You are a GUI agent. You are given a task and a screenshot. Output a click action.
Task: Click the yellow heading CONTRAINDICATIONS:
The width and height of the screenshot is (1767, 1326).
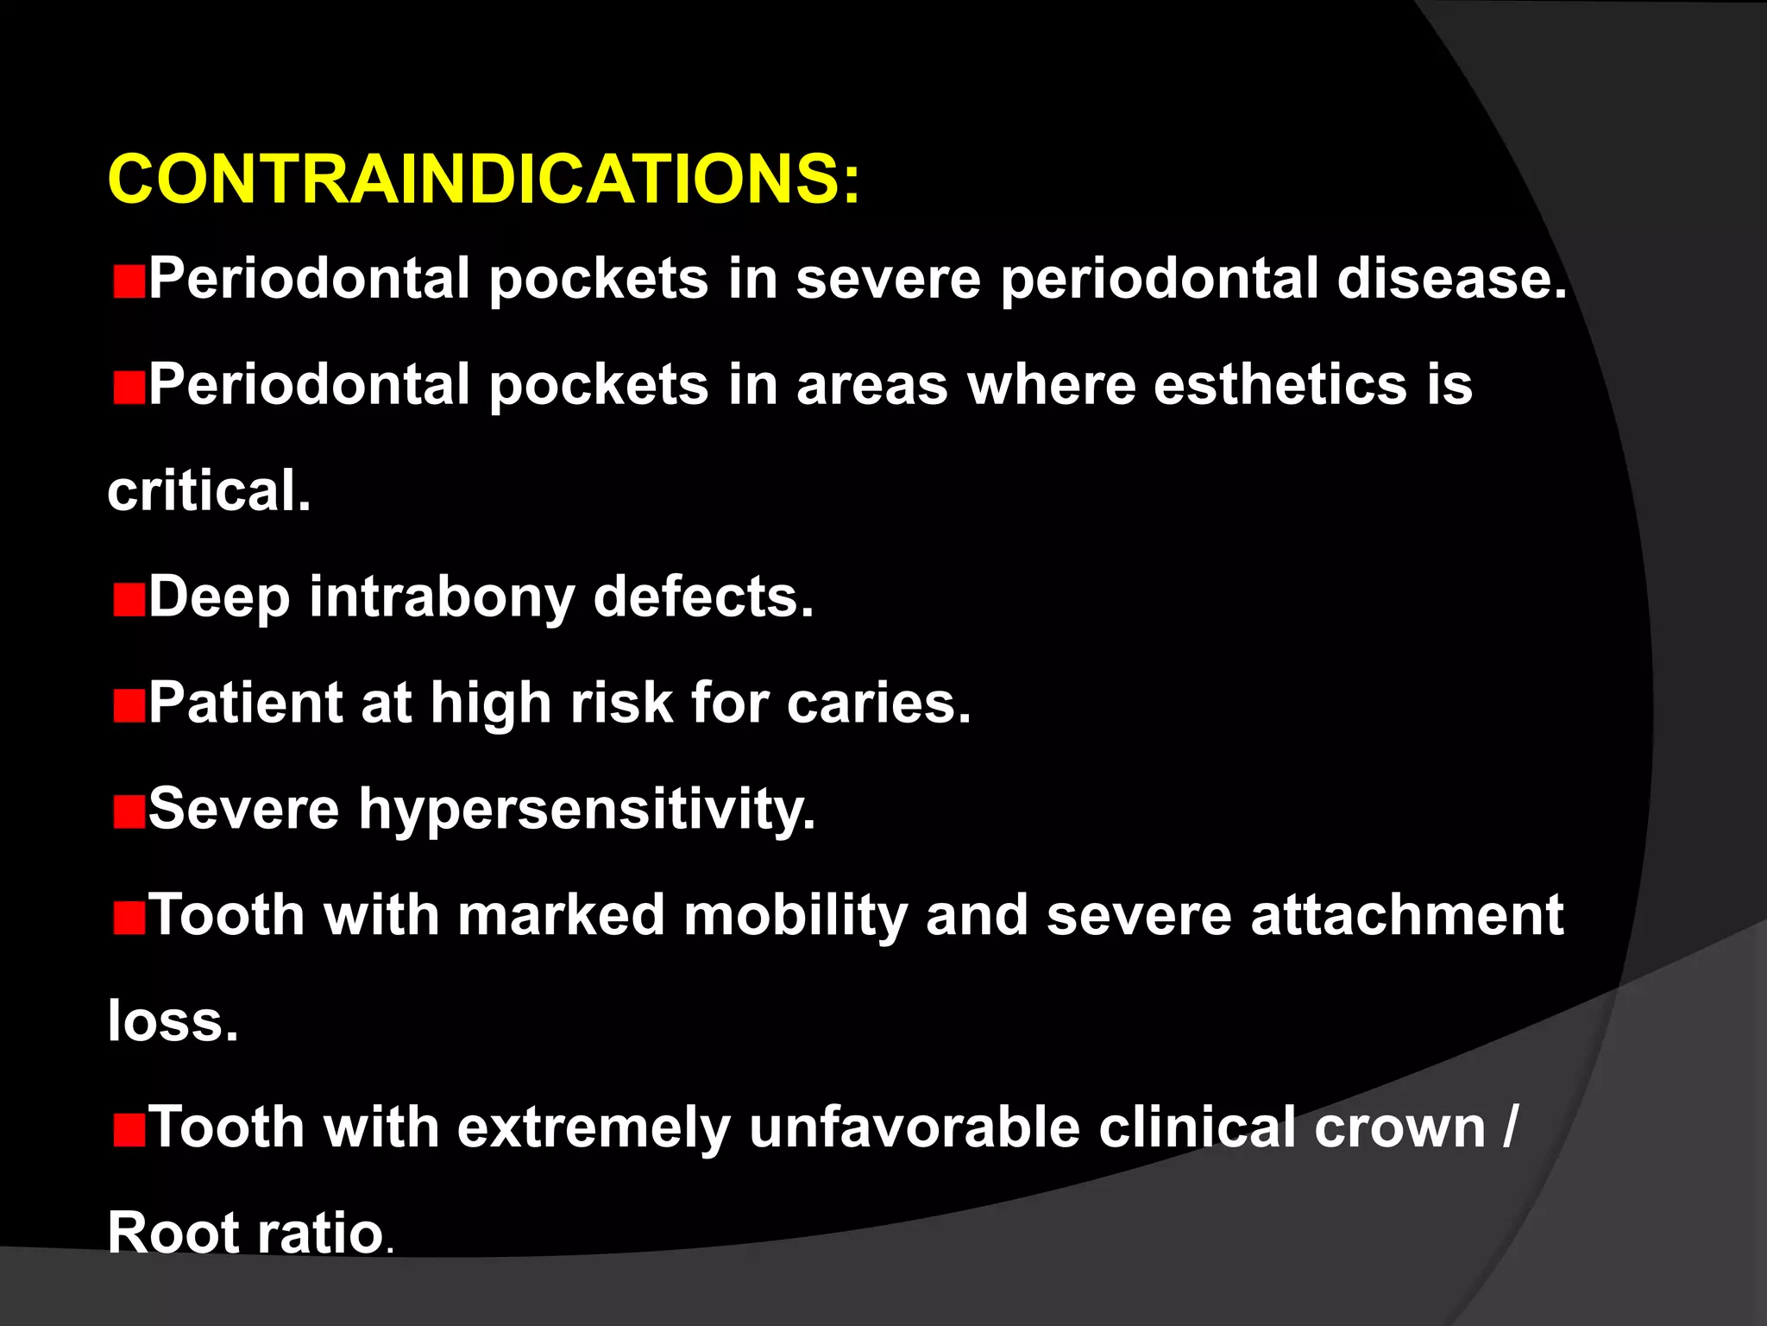483,179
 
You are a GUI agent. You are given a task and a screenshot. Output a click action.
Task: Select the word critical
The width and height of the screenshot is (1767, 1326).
209,490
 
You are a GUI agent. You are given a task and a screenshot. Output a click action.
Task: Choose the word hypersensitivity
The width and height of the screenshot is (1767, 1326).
587,810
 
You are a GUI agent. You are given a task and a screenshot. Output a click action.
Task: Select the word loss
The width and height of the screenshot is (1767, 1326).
173,1021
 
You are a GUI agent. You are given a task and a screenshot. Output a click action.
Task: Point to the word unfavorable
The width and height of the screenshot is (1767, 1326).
914,1127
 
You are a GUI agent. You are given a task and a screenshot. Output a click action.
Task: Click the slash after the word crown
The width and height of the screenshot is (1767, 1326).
1508,1127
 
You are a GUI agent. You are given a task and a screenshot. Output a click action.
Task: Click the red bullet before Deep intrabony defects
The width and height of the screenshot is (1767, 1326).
129,600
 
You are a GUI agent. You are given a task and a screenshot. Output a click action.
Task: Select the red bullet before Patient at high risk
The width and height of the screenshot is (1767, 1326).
129,706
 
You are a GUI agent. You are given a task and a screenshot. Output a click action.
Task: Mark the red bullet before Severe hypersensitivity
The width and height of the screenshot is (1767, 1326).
129,812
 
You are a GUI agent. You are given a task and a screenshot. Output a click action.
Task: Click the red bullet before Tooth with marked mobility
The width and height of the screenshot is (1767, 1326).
129,919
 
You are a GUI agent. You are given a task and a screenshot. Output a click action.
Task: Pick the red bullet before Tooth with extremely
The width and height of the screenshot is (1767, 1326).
129,1131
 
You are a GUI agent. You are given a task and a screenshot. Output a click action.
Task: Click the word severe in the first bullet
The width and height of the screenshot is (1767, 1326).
888,279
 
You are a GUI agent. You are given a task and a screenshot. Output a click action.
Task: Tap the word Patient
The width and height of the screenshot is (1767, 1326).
245,703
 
